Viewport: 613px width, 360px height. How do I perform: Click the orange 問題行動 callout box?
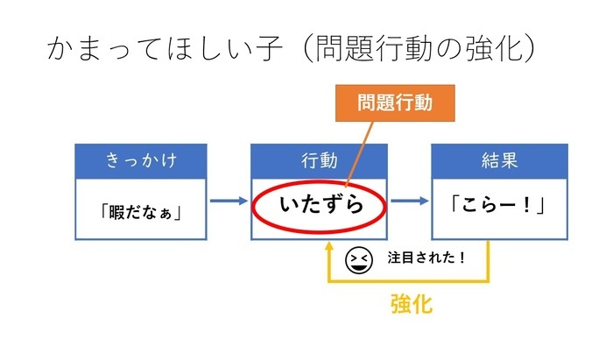point(395,103)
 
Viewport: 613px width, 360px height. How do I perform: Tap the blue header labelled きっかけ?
point(141,161)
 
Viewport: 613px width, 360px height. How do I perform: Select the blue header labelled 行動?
point(319,161)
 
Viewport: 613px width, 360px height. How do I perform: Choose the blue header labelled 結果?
point(500,161)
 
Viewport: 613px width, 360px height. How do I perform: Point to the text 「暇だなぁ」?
point(141,213)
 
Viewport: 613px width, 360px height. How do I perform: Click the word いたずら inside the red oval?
point(321,204)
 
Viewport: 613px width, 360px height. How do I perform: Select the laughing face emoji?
point(358,260)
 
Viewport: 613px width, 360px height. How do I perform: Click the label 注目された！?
point(426,258)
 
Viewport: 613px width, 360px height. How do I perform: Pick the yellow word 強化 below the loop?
point(412,304)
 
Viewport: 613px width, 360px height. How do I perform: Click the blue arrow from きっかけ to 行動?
point(229,201)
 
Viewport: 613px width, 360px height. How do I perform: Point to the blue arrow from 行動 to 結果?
point(410,201)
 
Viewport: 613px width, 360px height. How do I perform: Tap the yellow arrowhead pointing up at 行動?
point(329,246)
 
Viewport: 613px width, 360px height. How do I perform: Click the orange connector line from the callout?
point(359,154)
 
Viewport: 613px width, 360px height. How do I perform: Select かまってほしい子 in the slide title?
point(165,48)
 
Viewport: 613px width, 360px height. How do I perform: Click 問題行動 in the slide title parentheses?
point(374,48)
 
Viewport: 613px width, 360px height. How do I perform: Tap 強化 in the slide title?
point(493,48)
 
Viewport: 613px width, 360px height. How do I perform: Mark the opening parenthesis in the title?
point(307,48)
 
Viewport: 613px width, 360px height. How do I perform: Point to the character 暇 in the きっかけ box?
point(116,213)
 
